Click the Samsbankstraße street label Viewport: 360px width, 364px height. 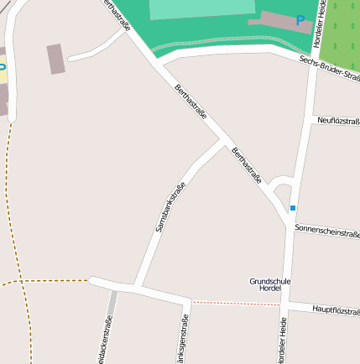click(170, 206)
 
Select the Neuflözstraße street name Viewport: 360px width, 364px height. click(338, 121)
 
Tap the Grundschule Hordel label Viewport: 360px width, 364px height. click(270, 284)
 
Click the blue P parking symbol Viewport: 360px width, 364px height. click(300, 20)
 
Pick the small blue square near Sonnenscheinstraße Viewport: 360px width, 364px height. click(293, 208)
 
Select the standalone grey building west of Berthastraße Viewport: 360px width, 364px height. click(56, 59)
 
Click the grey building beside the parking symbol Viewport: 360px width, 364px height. click(277, 20)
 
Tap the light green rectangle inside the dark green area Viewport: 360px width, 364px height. click(201, 9)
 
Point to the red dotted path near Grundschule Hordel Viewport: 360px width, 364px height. click(235, 303)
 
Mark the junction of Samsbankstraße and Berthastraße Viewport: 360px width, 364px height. click(224, 143)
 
